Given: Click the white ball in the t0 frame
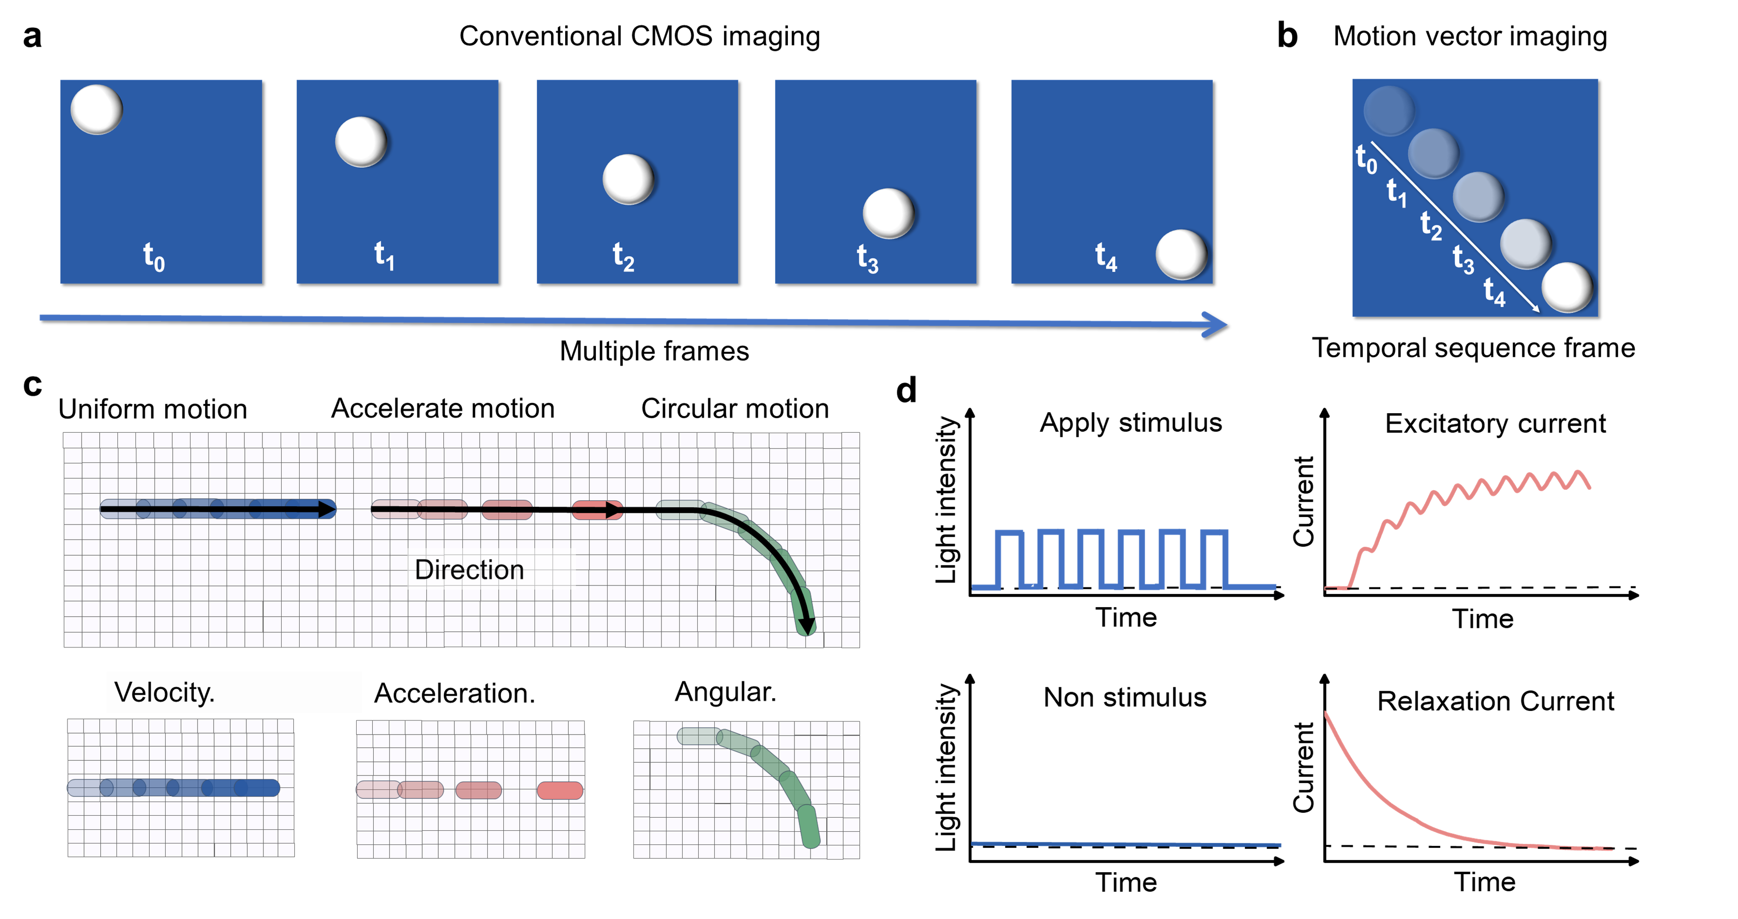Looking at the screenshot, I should click(x=97, y=109).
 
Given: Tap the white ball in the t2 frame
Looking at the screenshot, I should click(x=628, y=179).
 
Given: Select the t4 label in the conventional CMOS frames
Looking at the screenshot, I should click(x=1106, y=257).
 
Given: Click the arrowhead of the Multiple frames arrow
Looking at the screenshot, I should click(x=1215, y=324).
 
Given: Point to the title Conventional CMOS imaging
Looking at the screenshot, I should click(x=639, y=36).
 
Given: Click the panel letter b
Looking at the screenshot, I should click(x=1287, y=36).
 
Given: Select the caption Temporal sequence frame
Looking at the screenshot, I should click(x=1473, y=348).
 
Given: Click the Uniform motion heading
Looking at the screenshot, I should click(x=153, y=409).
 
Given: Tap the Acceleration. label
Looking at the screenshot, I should click(x=454, y=693).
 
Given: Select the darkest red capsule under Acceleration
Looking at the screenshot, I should click(x=559, y=790).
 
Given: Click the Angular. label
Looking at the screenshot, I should click(x=725, y=692).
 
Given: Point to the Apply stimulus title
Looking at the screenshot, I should click(x=1131, y=423).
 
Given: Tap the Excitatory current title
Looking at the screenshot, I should click(x=1495, y=424).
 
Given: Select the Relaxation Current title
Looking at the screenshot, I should click(x=1495, y=701).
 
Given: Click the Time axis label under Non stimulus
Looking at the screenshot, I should click(x=1125, y=882).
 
